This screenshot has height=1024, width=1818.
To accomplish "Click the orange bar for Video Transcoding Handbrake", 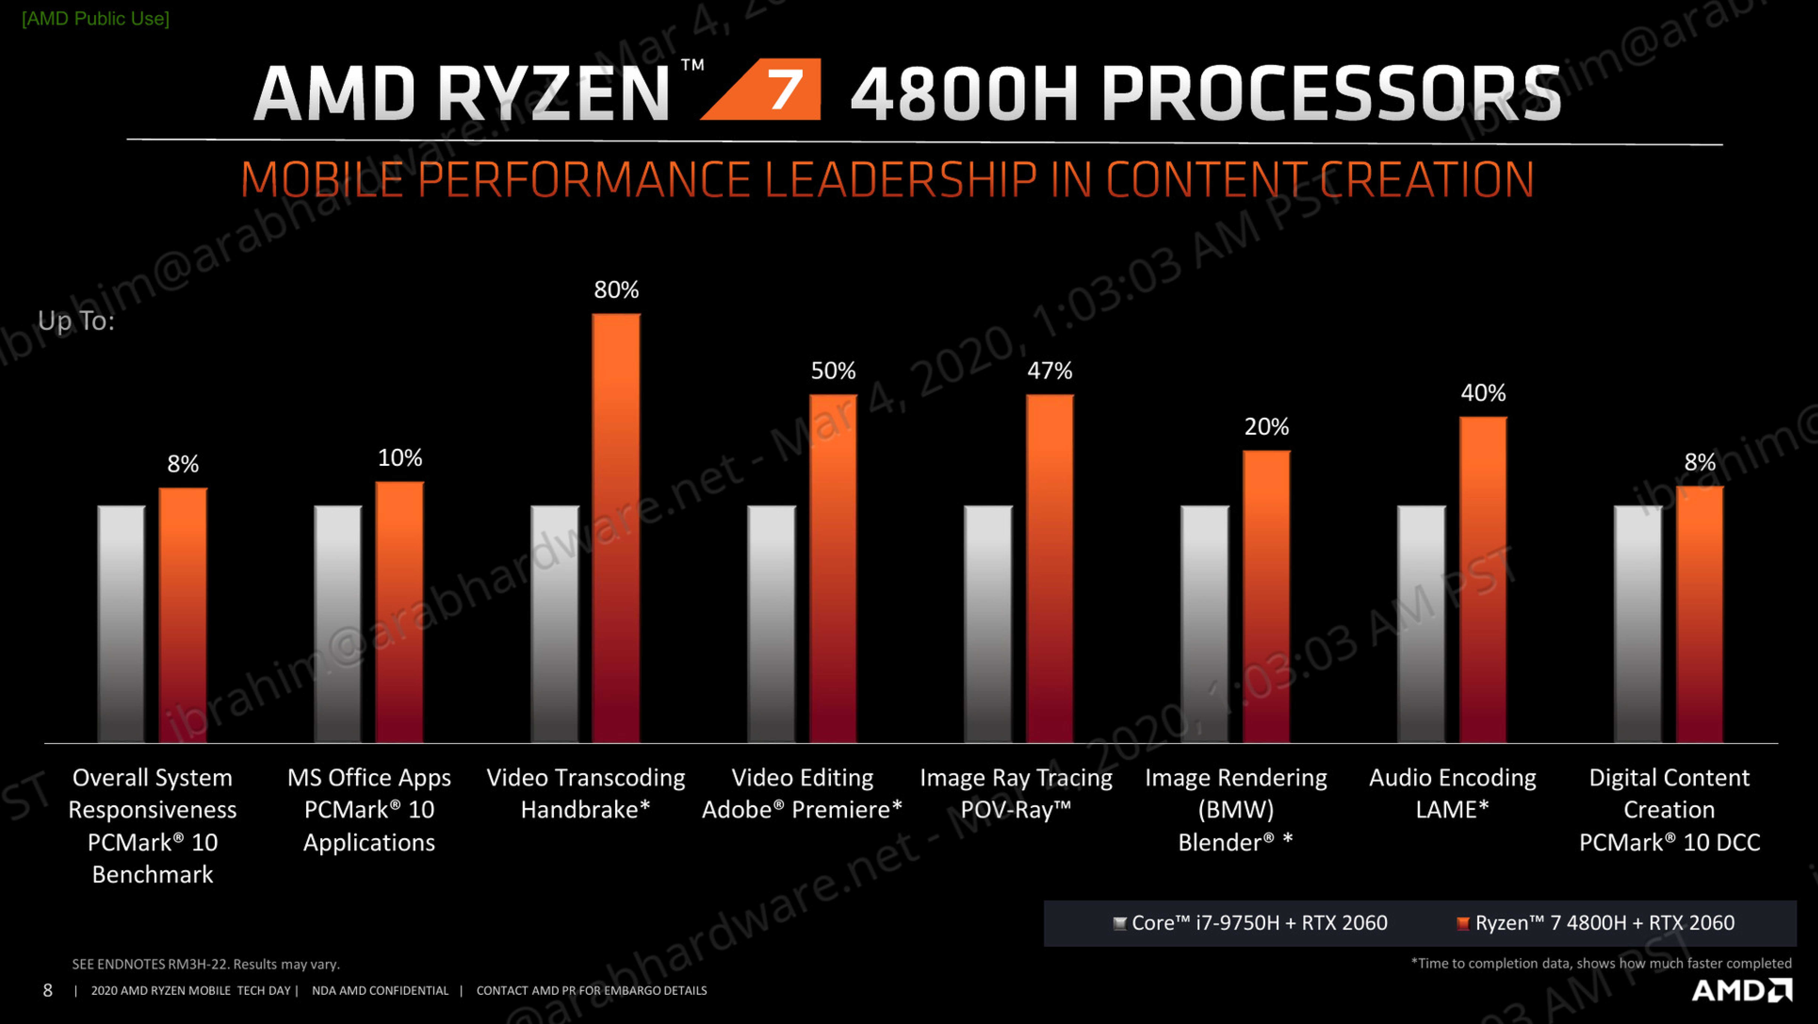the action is [x=616, y=527].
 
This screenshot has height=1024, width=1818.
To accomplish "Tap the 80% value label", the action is [x=616, y=289].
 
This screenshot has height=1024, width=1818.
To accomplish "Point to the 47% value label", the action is [x=1049, y=371].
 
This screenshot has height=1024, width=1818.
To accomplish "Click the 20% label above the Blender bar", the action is [x=1266, y=427].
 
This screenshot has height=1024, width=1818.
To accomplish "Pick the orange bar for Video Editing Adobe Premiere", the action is [x=833, y=569].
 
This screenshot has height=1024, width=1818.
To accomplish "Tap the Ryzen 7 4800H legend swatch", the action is [x=1463, y=923].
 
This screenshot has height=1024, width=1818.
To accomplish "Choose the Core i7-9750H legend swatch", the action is [x=1119, y=923].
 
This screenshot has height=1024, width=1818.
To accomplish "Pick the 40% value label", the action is [x=1483, y=393].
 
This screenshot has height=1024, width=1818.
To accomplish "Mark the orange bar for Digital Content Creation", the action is [x=1700, y=614].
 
